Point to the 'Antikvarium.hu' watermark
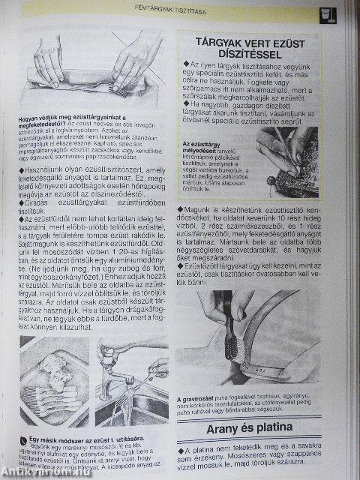(30, 472)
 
